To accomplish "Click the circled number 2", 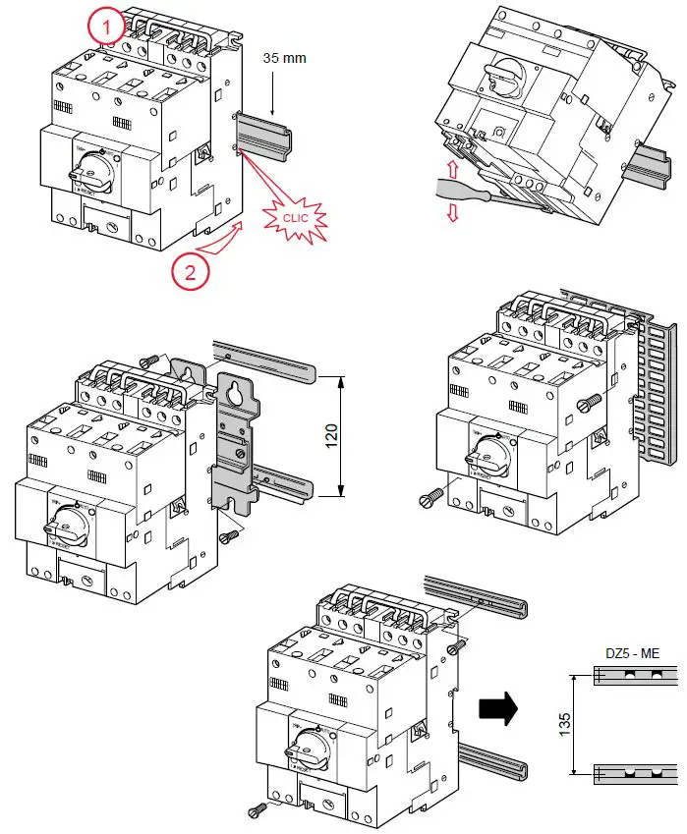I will coord(192,271).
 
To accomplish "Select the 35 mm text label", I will coord(284,58).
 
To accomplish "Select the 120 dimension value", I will coord(331,433).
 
